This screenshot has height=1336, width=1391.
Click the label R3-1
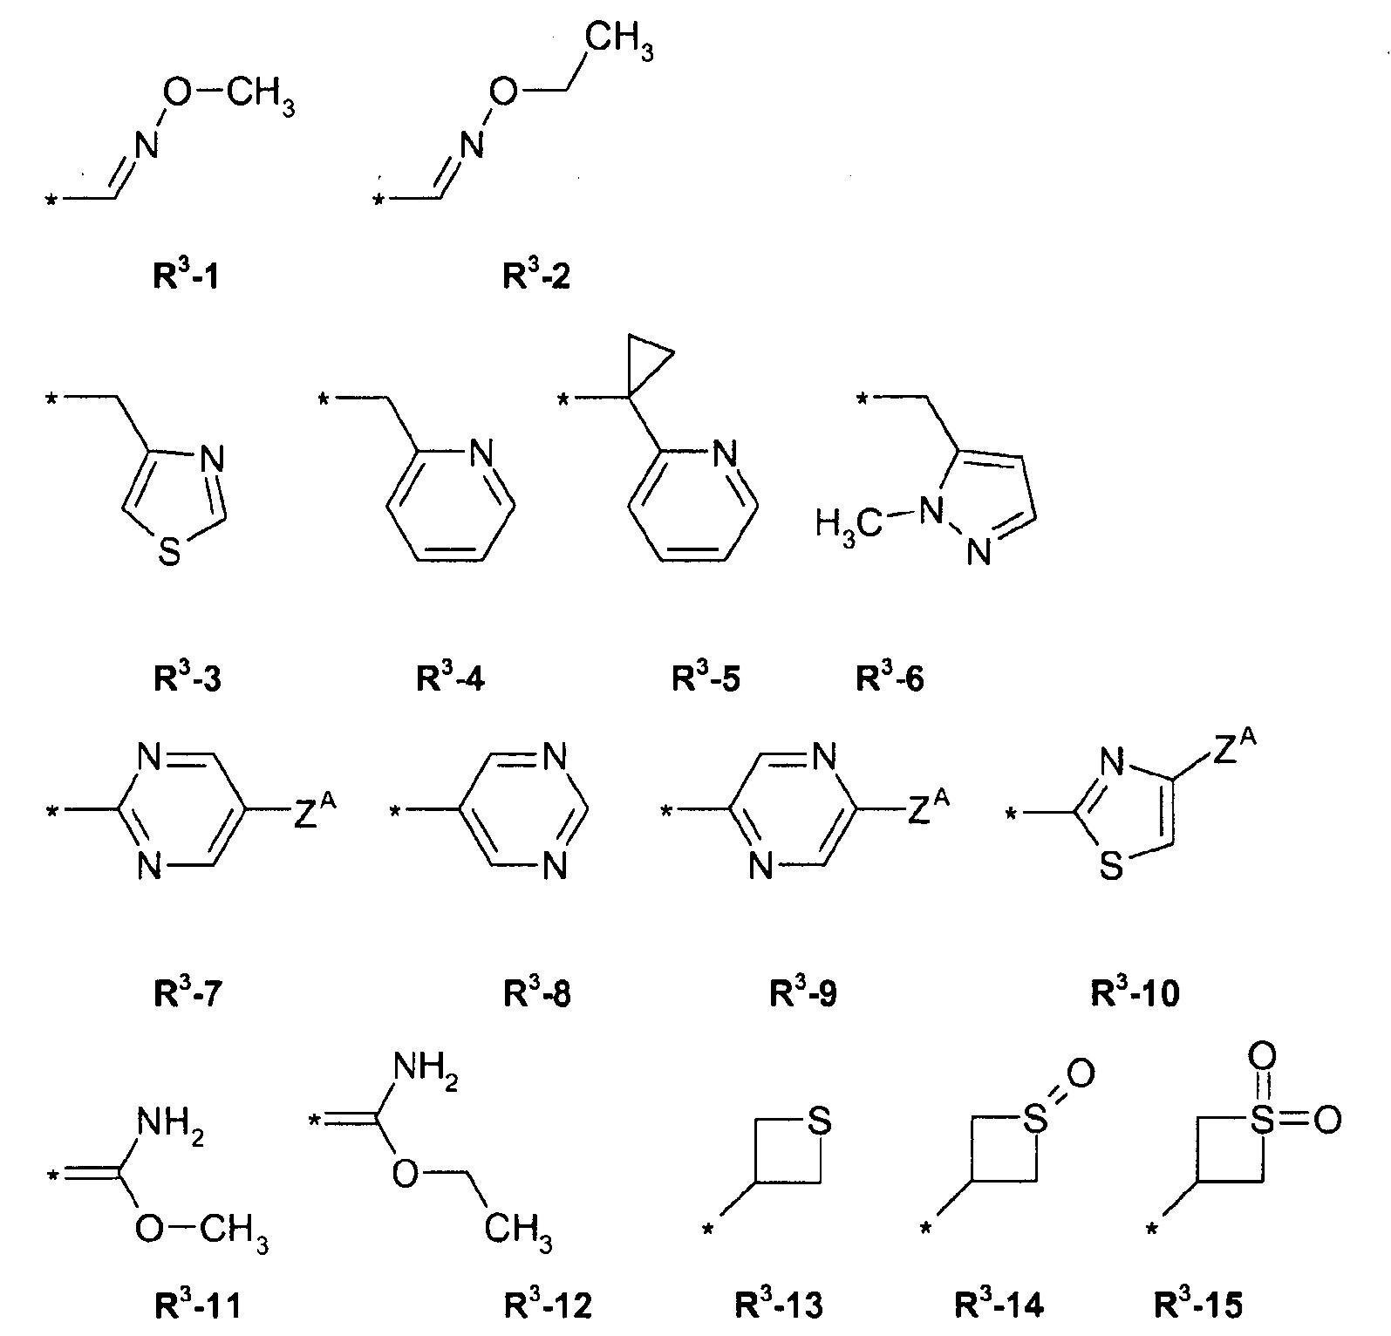[186, 277]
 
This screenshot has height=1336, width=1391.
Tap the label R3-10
[1135, 992]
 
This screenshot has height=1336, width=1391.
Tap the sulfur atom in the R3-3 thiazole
[169, 551]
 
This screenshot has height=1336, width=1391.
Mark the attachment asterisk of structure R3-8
[395, 813]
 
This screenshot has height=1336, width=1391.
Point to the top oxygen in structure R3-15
[1261, 1057]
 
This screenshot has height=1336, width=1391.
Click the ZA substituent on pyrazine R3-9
[929, 812]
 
